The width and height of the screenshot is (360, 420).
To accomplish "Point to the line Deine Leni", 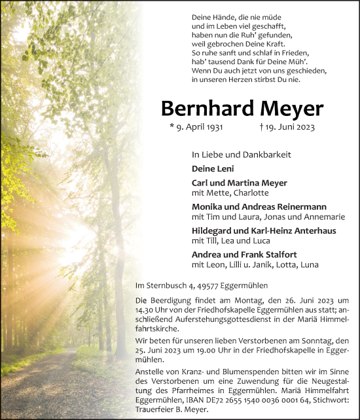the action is coord(211,168).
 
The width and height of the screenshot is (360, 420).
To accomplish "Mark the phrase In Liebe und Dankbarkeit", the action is coord(241,154).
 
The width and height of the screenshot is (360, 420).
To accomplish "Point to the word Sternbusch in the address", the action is coord(164,286).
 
